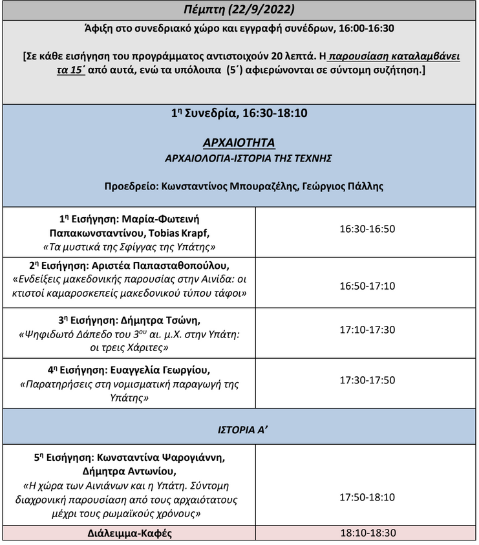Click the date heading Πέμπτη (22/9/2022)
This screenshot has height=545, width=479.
pos(239,10)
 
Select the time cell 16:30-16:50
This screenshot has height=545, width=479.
pos(367,229)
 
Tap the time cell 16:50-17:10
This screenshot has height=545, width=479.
pos(367,286)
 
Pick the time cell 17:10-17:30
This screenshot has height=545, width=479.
pos(367,330)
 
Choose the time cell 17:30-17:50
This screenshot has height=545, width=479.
pos(367,380)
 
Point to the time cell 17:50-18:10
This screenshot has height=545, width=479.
pos(367,498)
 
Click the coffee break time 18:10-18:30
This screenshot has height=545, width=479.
pos(367,533)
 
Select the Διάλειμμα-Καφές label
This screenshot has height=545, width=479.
pos(129,534)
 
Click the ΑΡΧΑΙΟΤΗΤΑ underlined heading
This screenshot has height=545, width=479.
pos(239,142)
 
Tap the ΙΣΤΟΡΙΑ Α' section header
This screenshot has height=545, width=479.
pos(239,427)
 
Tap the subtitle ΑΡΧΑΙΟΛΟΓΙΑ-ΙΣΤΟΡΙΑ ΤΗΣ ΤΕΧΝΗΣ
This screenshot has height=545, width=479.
pos(239,157)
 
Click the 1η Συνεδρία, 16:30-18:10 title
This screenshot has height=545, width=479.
pos(239,113)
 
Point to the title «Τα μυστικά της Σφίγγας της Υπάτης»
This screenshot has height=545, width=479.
pos(129,246)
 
